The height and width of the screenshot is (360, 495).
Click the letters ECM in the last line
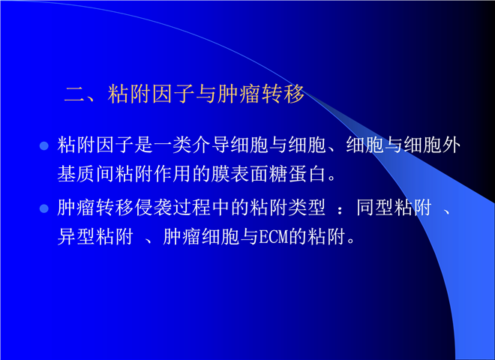click(274, 237)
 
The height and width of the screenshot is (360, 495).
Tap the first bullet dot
click(44, 145)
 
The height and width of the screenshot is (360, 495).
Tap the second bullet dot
click(44, 208)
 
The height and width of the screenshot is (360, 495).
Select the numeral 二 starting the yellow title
click(74, 94)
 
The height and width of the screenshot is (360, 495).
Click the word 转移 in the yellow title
click(283, 94)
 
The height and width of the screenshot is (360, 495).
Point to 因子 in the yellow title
click(173, 94)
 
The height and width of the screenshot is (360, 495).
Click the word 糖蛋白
click(298, 174)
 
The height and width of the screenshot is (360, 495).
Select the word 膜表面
click(240, 174)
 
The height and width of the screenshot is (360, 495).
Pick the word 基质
click(76, 174)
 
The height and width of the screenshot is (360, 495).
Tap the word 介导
click(211, 145)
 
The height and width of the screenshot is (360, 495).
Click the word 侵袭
click(154, 208)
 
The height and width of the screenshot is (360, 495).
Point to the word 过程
click(192, 208)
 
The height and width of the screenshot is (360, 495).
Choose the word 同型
click(375, 208)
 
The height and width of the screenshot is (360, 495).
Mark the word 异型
click(76, 237)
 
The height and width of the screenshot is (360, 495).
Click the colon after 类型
click(340, 210)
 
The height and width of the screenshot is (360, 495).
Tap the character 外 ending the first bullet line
click(451, 145)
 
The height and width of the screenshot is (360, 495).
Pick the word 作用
click(172, 174)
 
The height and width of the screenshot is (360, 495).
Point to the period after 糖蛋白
click(332, 178)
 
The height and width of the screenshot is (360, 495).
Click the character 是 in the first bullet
click(144, 145)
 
